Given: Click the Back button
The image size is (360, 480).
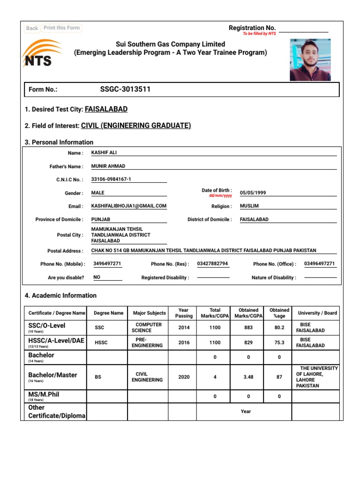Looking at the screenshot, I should (32, 28).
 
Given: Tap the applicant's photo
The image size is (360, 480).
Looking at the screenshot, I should (310, 60).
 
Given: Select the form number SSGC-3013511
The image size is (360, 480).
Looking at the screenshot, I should (125, 89).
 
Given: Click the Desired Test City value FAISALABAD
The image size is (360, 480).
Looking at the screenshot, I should (106, 109).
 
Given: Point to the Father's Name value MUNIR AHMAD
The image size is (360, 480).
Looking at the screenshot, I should (108, 166).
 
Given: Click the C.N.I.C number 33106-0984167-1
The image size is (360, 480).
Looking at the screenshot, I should (111, 179).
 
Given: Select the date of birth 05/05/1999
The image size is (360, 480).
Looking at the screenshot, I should (253, 193).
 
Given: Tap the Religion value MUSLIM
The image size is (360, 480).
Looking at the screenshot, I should (249, 206).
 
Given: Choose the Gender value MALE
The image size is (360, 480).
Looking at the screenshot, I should (98, 193).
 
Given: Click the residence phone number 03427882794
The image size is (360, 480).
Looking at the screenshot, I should (213, 263).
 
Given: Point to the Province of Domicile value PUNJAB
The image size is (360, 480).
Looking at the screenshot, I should (101, 219).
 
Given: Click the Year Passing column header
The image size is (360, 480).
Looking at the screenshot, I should (184, 313).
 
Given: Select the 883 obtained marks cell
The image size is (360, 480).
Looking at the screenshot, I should (248, 328).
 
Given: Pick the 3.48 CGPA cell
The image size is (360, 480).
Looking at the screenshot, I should (248, 377).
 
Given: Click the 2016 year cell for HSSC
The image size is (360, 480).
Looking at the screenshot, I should (184, 343).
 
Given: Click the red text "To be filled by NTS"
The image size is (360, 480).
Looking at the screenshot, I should (259, 34).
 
